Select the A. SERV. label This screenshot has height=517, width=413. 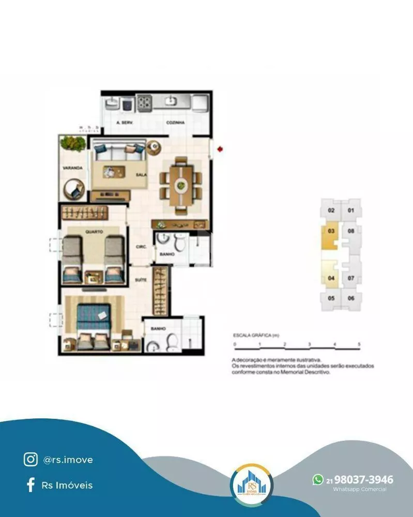tap(125, 123)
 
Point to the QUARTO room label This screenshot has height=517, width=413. tap(94, 231)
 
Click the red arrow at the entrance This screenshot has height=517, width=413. tap(221, 149)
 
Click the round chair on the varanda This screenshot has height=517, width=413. tap(74, 189)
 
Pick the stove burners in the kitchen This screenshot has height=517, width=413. tap(144, 102)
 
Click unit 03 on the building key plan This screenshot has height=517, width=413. tap(331, 231)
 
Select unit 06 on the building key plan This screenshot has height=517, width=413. tap(350, 298)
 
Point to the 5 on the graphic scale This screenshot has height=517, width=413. tap(359, 344)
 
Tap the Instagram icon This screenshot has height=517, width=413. tap(30, 459)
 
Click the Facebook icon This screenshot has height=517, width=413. tap(30, 485)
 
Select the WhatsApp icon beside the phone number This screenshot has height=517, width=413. tap(318, 480)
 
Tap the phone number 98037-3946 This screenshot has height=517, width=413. tap(363, 480)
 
